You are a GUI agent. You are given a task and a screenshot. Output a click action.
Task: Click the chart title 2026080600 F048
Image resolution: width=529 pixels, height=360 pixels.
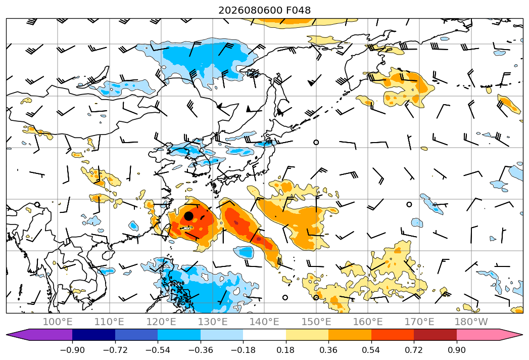pos(265,11)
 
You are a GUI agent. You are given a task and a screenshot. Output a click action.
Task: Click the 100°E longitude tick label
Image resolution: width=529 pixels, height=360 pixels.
pos(58,322)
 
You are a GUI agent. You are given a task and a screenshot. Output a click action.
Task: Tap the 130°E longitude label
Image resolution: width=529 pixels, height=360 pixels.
pos(213,322)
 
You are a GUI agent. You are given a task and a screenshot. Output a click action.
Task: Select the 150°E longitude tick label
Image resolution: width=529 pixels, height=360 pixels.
pos(316,322)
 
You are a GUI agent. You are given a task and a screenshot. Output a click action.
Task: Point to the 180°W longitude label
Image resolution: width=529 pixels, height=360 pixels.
pos(471,322)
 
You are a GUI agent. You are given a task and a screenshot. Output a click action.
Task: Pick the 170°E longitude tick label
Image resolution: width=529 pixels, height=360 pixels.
pos(419,322)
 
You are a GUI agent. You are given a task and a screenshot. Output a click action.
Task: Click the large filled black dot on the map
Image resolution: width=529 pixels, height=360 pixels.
pos(188,216)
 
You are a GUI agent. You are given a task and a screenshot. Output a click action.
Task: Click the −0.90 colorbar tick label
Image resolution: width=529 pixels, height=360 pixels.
pos(73,350)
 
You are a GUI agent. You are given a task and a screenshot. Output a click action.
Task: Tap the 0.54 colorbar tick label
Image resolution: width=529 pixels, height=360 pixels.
pos(371,350)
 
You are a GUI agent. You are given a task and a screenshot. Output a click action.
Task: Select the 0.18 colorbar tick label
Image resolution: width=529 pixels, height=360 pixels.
pos(286,350)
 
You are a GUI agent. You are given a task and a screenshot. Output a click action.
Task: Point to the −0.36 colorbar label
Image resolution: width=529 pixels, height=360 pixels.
pos(201,350)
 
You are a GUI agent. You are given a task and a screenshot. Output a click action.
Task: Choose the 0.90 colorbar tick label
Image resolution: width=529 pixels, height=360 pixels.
pos(456,350)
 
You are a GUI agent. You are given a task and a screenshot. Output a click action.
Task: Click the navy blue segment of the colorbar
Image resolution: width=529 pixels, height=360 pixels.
pos(94,335)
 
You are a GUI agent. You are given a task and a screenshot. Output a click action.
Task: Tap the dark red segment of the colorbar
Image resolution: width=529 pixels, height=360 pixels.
pos(435,335)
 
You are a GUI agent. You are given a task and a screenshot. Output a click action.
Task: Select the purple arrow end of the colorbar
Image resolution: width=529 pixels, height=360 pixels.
pos(39,335)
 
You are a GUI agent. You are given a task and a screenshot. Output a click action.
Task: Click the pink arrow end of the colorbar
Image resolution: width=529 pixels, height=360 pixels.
pos(489,335)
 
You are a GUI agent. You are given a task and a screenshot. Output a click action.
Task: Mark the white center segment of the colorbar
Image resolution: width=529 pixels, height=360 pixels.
pos(265,335)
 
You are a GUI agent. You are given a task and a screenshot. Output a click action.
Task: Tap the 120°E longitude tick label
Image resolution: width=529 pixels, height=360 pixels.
pos(161,322)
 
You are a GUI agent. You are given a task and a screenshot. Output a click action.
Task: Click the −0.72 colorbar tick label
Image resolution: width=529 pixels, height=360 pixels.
pos(115,350)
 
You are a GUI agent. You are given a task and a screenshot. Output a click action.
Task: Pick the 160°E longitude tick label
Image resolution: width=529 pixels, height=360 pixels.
pos(368,322)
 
